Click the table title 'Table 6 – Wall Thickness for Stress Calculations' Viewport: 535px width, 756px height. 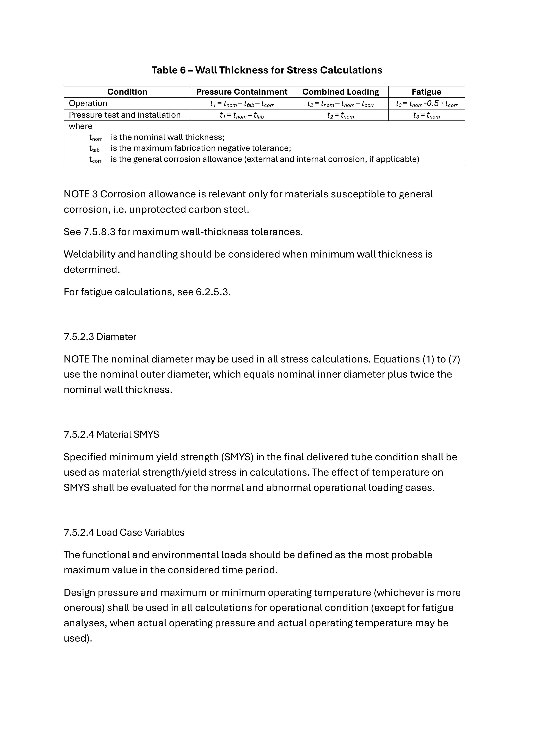[x=267, y=70]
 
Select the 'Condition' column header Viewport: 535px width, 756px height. [x=127, y=92]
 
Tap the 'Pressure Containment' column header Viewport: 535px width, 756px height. [x=242, y=92]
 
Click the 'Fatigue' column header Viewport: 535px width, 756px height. [x=426, y=92]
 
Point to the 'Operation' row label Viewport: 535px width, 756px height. [x=88, y=103]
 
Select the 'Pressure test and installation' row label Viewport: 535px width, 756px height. [x=124, y=115]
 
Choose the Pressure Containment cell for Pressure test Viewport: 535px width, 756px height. [x=242, y=115]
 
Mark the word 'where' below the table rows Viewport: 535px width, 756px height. [x=80, y=126]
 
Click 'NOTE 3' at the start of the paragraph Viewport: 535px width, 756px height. [x=81, y=194]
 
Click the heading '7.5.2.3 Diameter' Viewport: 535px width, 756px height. [x=100, y=337]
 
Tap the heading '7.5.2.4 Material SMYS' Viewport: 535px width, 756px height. [x=111, y=435]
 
